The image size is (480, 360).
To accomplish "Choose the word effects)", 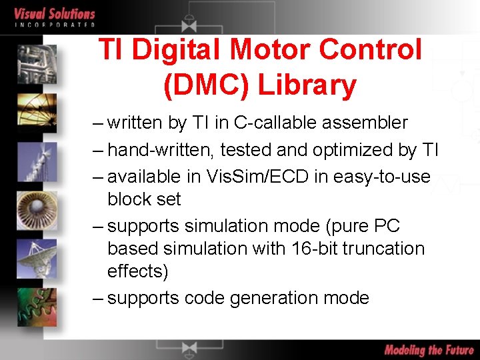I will [x=138, y=272].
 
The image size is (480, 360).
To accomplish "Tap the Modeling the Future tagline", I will [x=429, y=350].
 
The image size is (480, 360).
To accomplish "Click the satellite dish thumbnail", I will [x=37, y=257].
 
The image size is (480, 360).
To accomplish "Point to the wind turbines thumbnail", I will [x=37, y=160].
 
